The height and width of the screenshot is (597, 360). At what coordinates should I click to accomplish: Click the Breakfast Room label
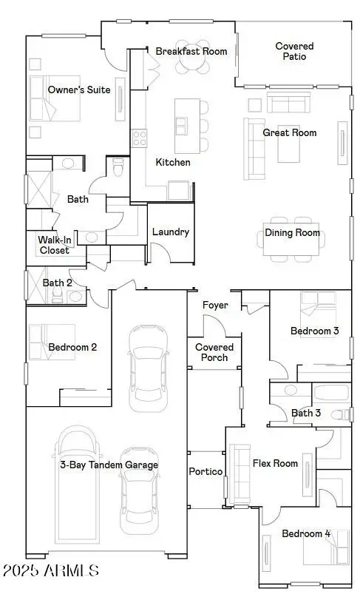click(191, 51)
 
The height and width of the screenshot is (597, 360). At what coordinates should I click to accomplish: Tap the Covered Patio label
click(294, 51)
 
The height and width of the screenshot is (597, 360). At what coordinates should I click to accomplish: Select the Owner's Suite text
click(79, 90)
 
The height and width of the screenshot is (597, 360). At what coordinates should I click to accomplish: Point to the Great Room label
click(290, 133)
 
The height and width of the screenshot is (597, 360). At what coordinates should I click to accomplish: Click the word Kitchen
click(173, 162)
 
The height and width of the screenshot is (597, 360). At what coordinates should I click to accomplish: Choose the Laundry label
click(171, 232)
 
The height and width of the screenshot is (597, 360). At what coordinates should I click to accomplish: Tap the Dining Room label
click(293, 233)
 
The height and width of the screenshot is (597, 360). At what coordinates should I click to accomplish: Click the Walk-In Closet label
click(55, 246)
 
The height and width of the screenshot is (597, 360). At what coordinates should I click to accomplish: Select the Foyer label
click(215, 306)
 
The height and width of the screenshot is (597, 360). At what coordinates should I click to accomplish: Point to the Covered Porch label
click(214, 352)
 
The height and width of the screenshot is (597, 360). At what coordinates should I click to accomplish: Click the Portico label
click(206, 471)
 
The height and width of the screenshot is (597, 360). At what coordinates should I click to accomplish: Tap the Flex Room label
click(275, 464)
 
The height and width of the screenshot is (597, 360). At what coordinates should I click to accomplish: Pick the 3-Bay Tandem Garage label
click(109, 465)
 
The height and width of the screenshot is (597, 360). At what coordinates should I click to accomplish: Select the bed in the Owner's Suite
click(53, 99)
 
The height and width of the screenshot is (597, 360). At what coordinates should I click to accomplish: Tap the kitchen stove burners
click(139, 137)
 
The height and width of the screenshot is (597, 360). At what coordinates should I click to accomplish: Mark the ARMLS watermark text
click(50, 571)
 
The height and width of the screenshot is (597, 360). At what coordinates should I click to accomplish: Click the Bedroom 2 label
click(72, 347)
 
